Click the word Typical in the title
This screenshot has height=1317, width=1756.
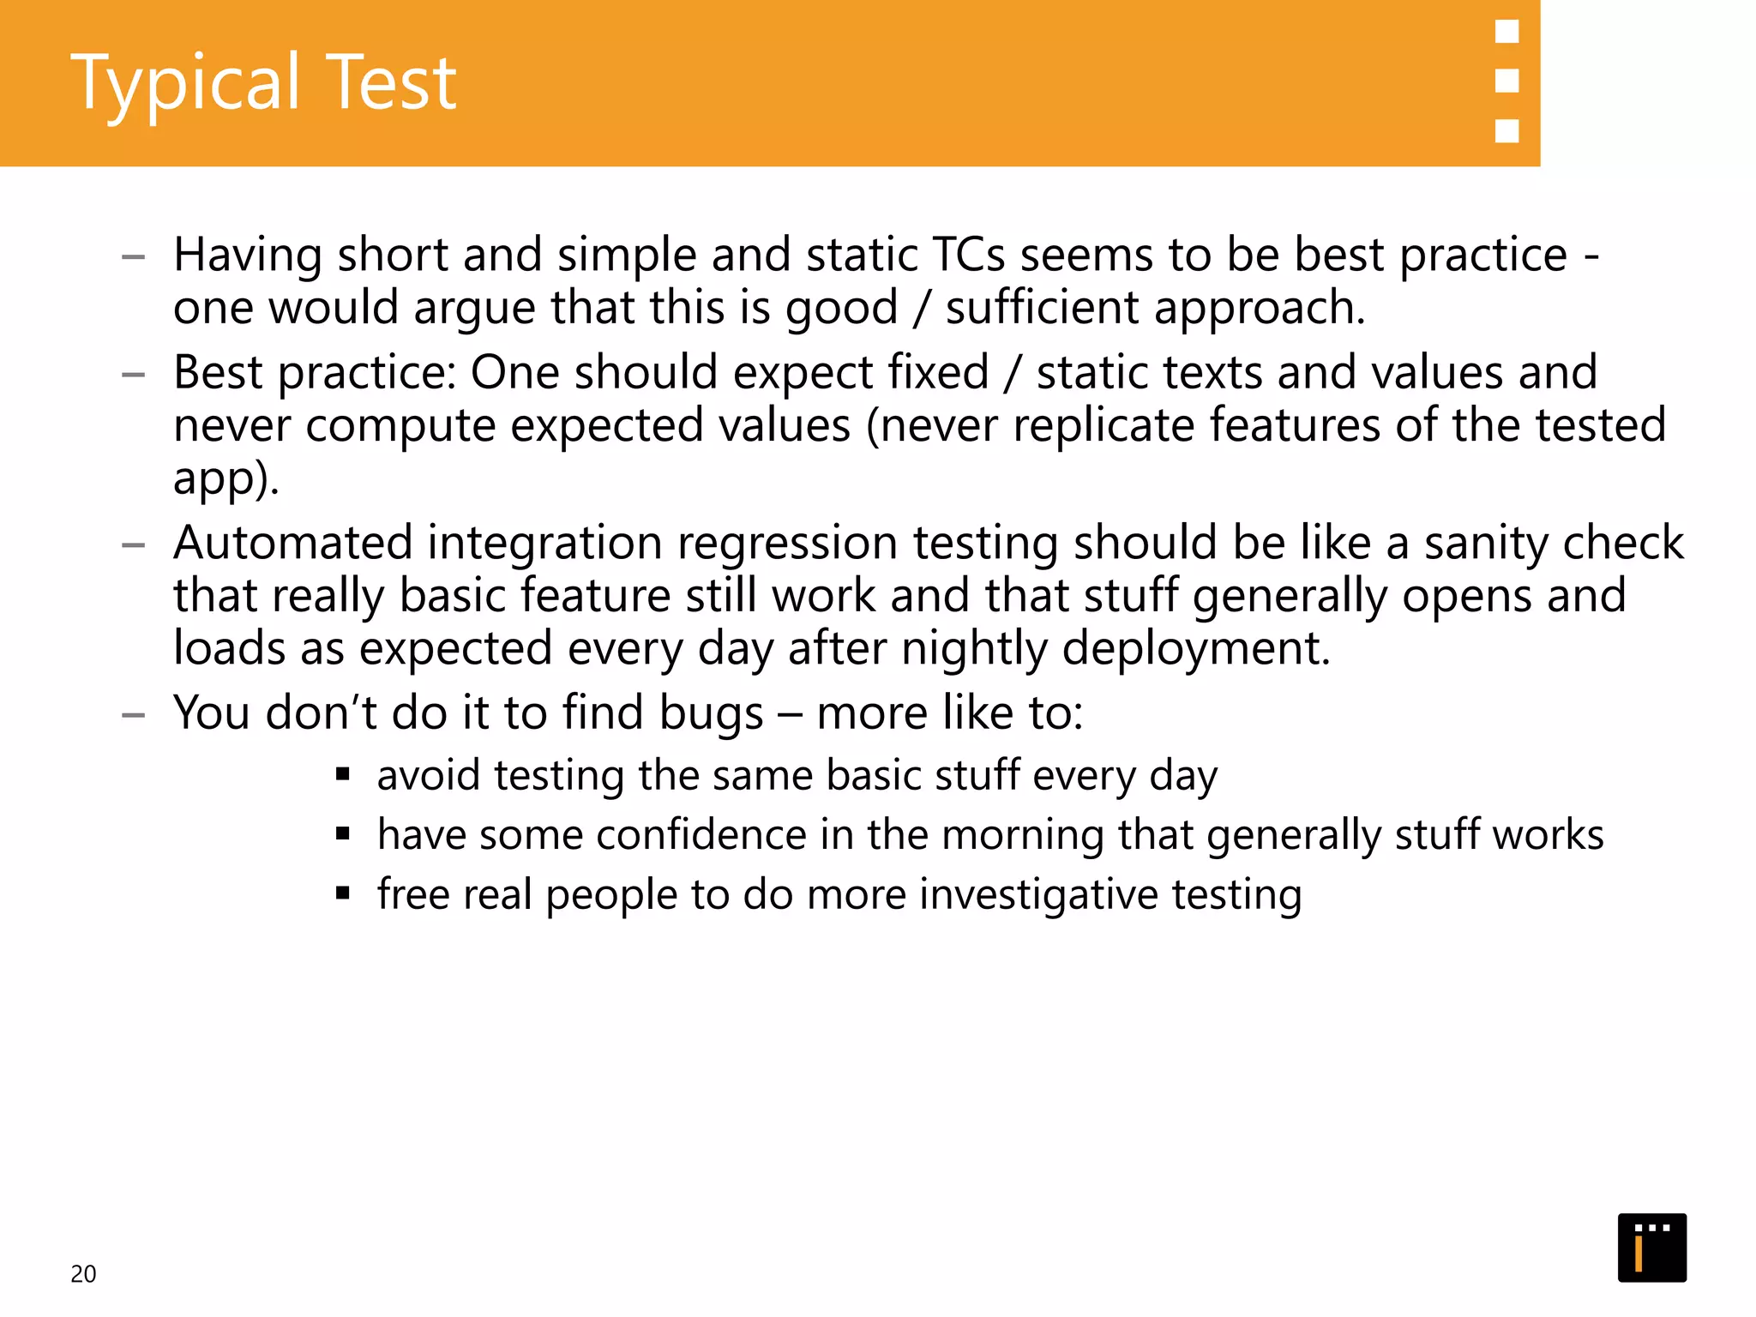click(185, 84)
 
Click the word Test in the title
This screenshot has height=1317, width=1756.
click(392, 82)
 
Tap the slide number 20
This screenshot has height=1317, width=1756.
click(83, 1274)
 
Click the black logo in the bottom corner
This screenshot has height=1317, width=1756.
click(1651, 1248)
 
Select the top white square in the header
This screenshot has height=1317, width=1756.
click(1506, 32)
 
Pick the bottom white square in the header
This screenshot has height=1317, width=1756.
click(1506, 130)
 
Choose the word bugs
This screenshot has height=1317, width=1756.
click(711, 713)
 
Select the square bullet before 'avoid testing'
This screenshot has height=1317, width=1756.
click(343, 775)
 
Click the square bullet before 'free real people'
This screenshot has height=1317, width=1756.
click(343, 893)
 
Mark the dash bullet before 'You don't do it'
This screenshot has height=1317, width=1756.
click(133, 714)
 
